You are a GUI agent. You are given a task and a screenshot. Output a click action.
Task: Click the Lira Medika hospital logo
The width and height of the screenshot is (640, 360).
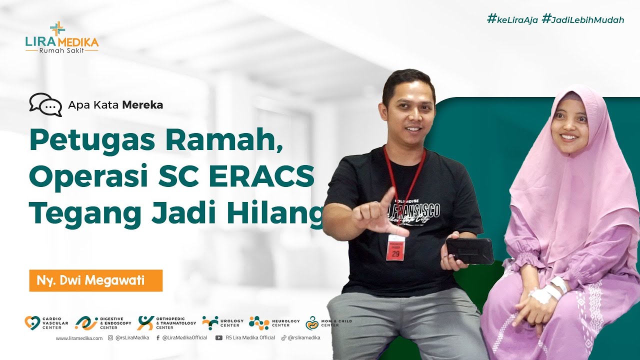click(x=61, y=37)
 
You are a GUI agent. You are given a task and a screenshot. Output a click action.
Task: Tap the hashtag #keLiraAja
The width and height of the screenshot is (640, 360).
click(x=512, y=20)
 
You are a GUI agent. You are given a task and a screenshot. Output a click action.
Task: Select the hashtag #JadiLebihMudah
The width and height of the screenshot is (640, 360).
click(x=583, y=20)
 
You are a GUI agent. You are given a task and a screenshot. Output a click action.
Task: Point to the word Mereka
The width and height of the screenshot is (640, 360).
click(x=143, y=105)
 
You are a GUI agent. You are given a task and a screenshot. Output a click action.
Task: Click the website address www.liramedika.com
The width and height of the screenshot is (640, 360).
click(x=79, y=338)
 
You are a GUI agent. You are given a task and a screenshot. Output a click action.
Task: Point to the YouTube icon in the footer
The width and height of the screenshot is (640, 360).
click(x=218, y=338)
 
